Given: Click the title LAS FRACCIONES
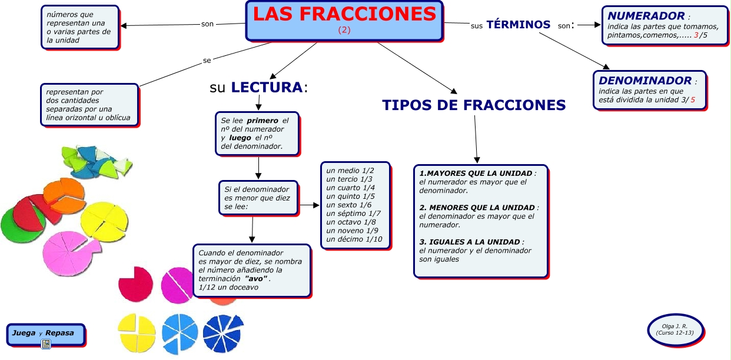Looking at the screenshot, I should [x=345, y=14].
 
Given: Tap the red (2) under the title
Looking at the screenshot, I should [x=344, y=31].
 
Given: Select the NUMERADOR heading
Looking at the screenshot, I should [x=638, y=16].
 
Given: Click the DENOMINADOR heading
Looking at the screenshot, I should [x=637, y=81].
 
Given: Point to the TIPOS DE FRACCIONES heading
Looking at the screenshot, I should [x=474, y=105].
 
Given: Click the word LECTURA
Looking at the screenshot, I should [x=267, y=88].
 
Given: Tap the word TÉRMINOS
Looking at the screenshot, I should [x=519, y=25].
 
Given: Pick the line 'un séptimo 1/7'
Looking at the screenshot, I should [x=353, y=214].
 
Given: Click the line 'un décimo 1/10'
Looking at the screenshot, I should [x=354, y=239].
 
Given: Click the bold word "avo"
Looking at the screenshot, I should [x=256, y=278].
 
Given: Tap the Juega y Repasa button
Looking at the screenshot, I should [x=43, y=334].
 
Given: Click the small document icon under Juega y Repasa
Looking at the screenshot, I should [x=45, y=344].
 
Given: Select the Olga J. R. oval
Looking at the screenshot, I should [x=674, y=329].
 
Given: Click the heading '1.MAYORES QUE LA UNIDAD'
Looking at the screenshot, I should [x=476, y=174].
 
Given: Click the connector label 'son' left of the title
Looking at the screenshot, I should [x=207, y=24].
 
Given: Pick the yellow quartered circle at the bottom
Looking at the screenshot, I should [x=137, y=333].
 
